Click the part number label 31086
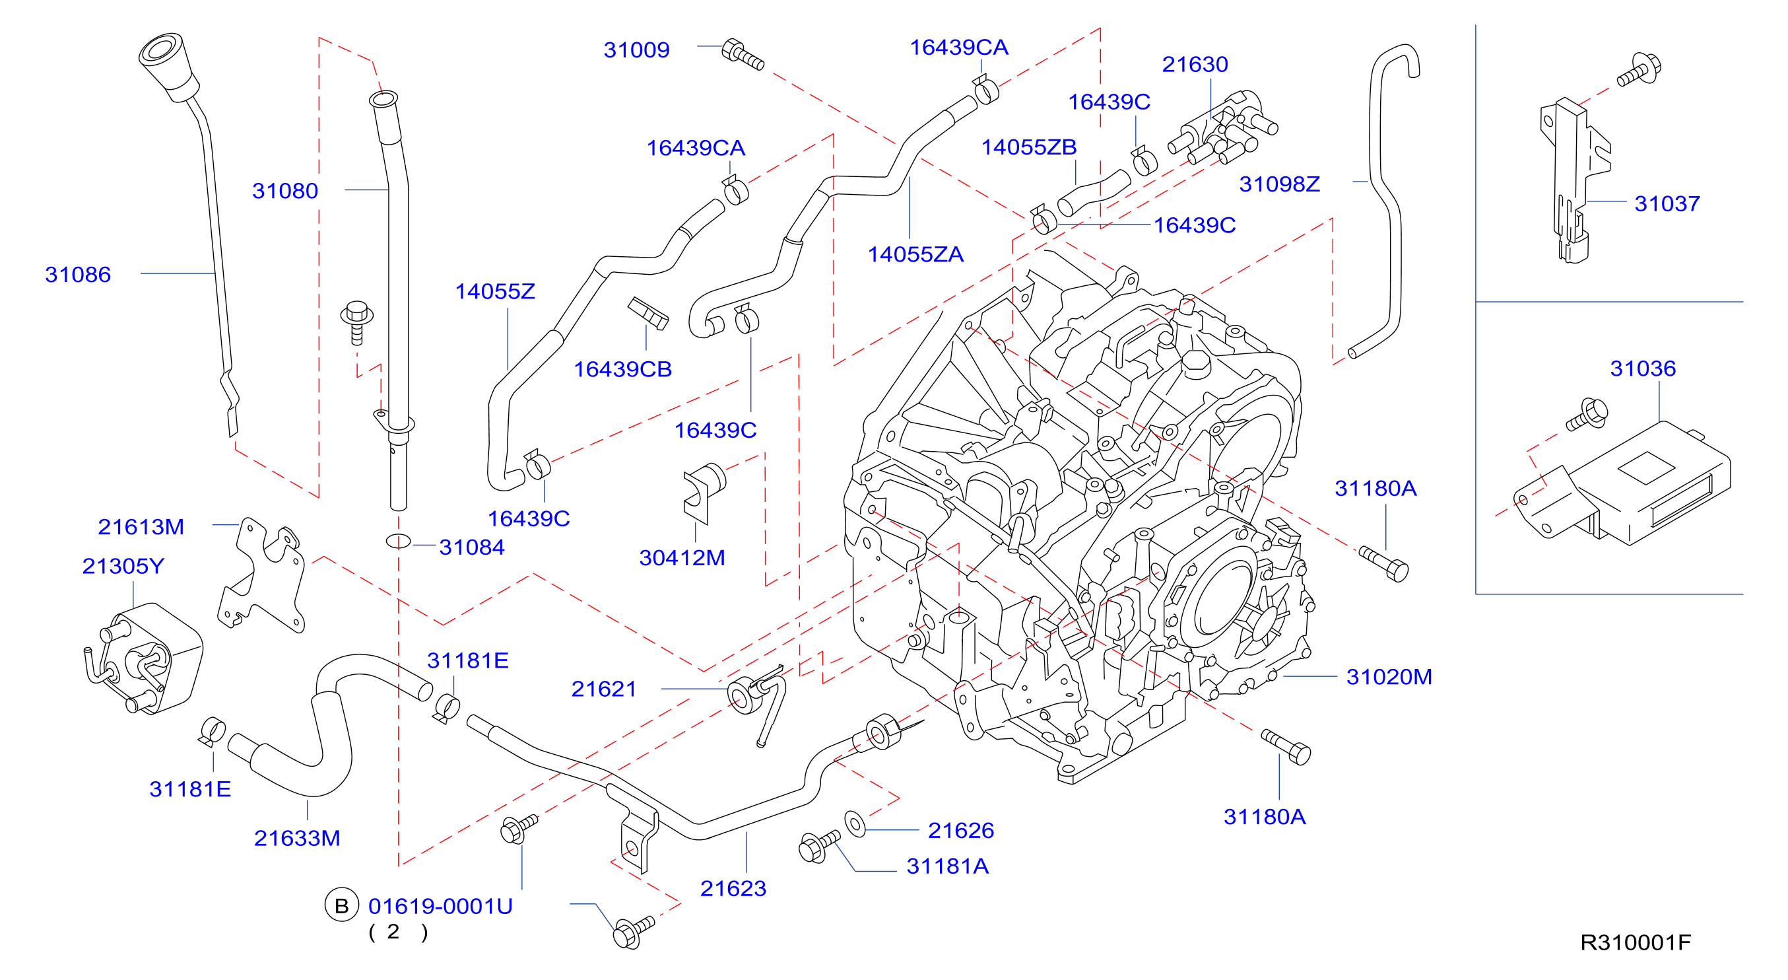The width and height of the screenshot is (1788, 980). click(x=78, y=274)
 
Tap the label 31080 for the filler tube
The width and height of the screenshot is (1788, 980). click(x=284, y=190)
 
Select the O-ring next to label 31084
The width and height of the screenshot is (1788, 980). click(x=399, y=541)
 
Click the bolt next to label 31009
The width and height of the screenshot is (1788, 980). click(x=743, y=55)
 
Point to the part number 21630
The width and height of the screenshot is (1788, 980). click(x=1195, y=64)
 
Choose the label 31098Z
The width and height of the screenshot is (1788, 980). click(x=1279, y=184)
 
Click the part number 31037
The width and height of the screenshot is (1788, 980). click(x=1667, y=203)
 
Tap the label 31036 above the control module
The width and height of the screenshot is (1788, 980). click(x=1642, y=368)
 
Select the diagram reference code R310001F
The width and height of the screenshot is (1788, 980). click(x=1636, y=942)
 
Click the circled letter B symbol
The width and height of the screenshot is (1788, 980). click(x=341, y=905)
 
